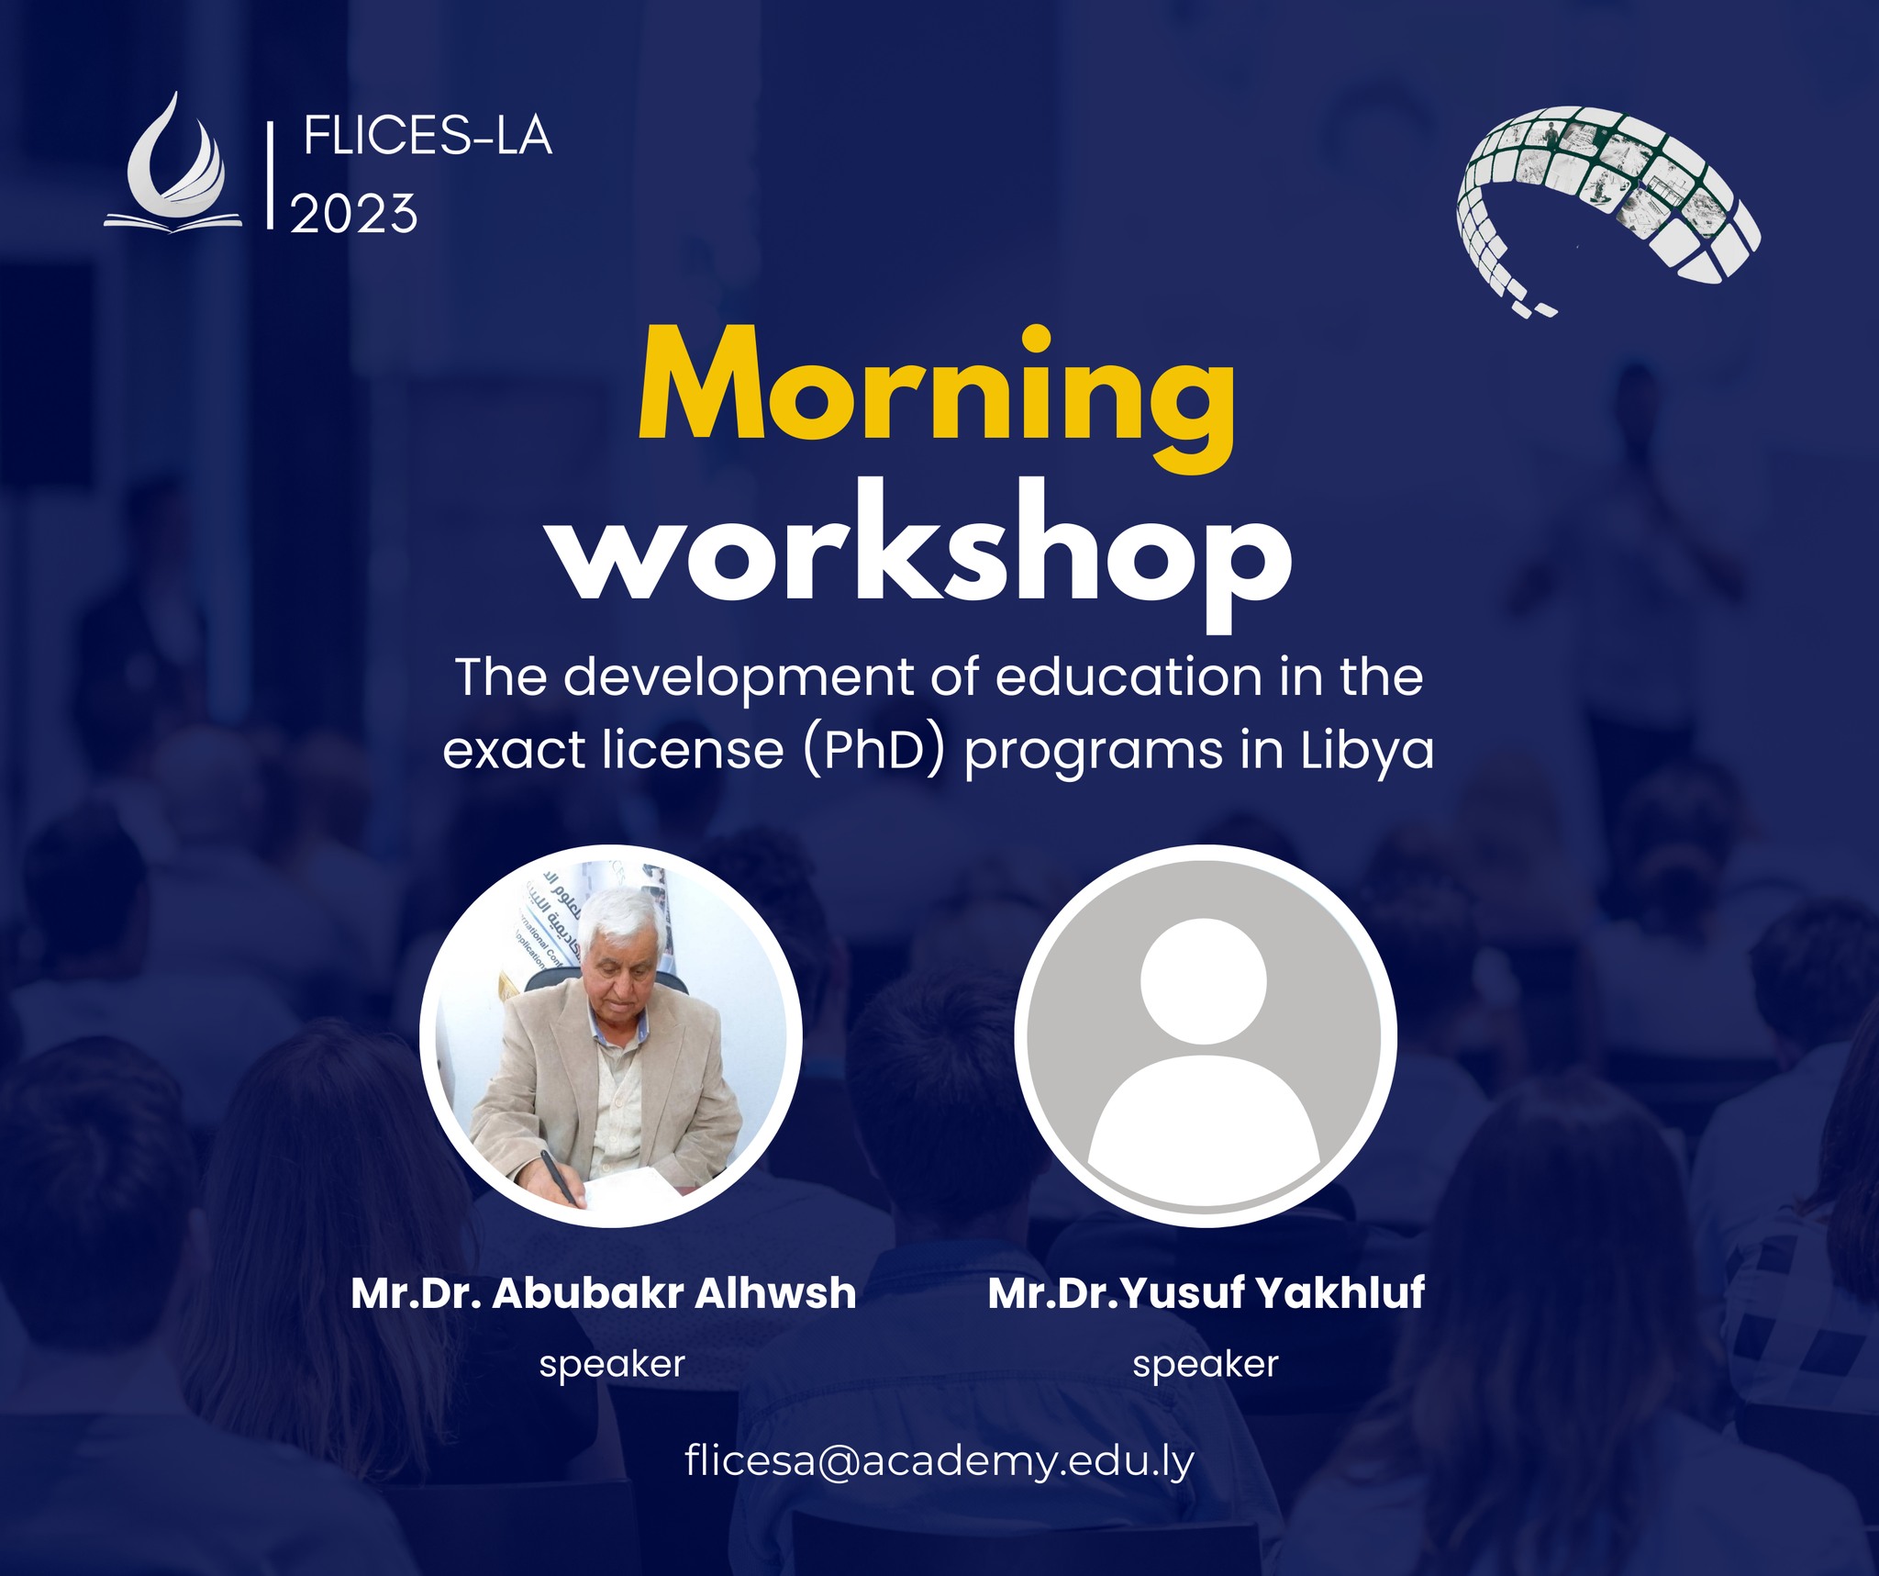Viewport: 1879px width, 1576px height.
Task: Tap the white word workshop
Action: click(x=923, y=553)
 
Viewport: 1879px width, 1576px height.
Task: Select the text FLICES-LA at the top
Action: click(x=428, y=138)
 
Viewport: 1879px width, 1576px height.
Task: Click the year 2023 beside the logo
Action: click(x=354, y=214)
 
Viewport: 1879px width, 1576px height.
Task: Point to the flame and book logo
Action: click(x=173, y=162)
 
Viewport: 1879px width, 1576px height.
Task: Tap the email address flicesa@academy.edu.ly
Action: click(x=939, y=1460)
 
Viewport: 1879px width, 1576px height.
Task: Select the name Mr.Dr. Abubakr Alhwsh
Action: click(x=604, y=1293)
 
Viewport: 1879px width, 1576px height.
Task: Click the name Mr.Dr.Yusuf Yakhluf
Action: click(x=1206, y=1293)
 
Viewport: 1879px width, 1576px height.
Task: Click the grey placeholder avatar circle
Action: click(x=1206, y=1035)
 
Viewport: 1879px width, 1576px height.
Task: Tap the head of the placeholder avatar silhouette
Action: click(x=1204, y=980)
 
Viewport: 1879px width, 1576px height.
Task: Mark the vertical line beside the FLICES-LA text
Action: click(x=270, y=174)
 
